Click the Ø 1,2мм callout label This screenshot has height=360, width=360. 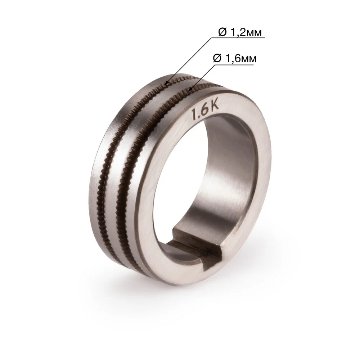click(x=240, y=32)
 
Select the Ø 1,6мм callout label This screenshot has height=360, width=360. click(x=235, y=59)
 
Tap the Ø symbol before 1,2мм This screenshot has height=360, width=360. click(x=222, y=32)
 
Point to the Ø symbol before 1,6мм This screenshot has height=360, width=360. click(x=217, y=59)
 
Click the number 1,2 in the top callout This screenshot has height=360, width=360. click(x=236, y=32)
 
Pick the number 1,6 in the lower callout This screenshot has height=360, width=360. click(x=231, y=59)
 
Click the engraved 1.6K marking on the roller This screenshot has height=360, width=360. click(x=206, y=111)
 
